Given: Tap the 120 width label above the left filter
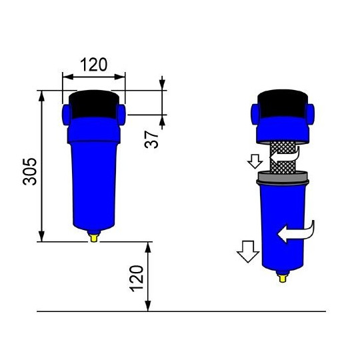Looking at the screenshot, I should pos(94,65).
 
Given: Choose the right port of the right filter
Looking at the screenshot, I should pos(310,111).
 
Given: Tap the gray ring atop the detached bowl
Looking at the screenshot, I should pos(283,177).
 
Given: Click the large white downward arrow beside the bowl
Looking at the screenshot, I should pos(248,252).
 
